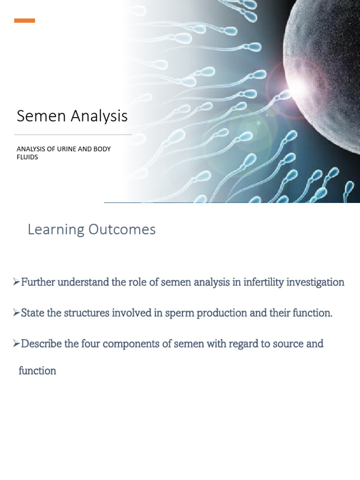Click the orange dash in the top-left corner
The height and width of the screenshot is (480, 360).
coord(24,21)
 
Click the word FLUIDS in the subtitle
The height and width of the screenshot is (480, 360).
coord(27,157)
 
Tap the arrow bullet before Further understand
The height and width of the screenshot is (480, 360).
coord(16,282)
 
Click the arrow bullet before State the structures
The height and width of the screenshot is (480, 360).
coord(16,313)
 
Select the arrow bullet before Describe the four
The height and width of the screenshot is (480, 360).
coord(16,344)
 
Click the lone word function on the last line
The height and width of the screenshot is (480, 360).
coord(37,371)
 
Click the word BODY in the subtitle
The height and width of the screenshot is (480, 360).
coord(102,149)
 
